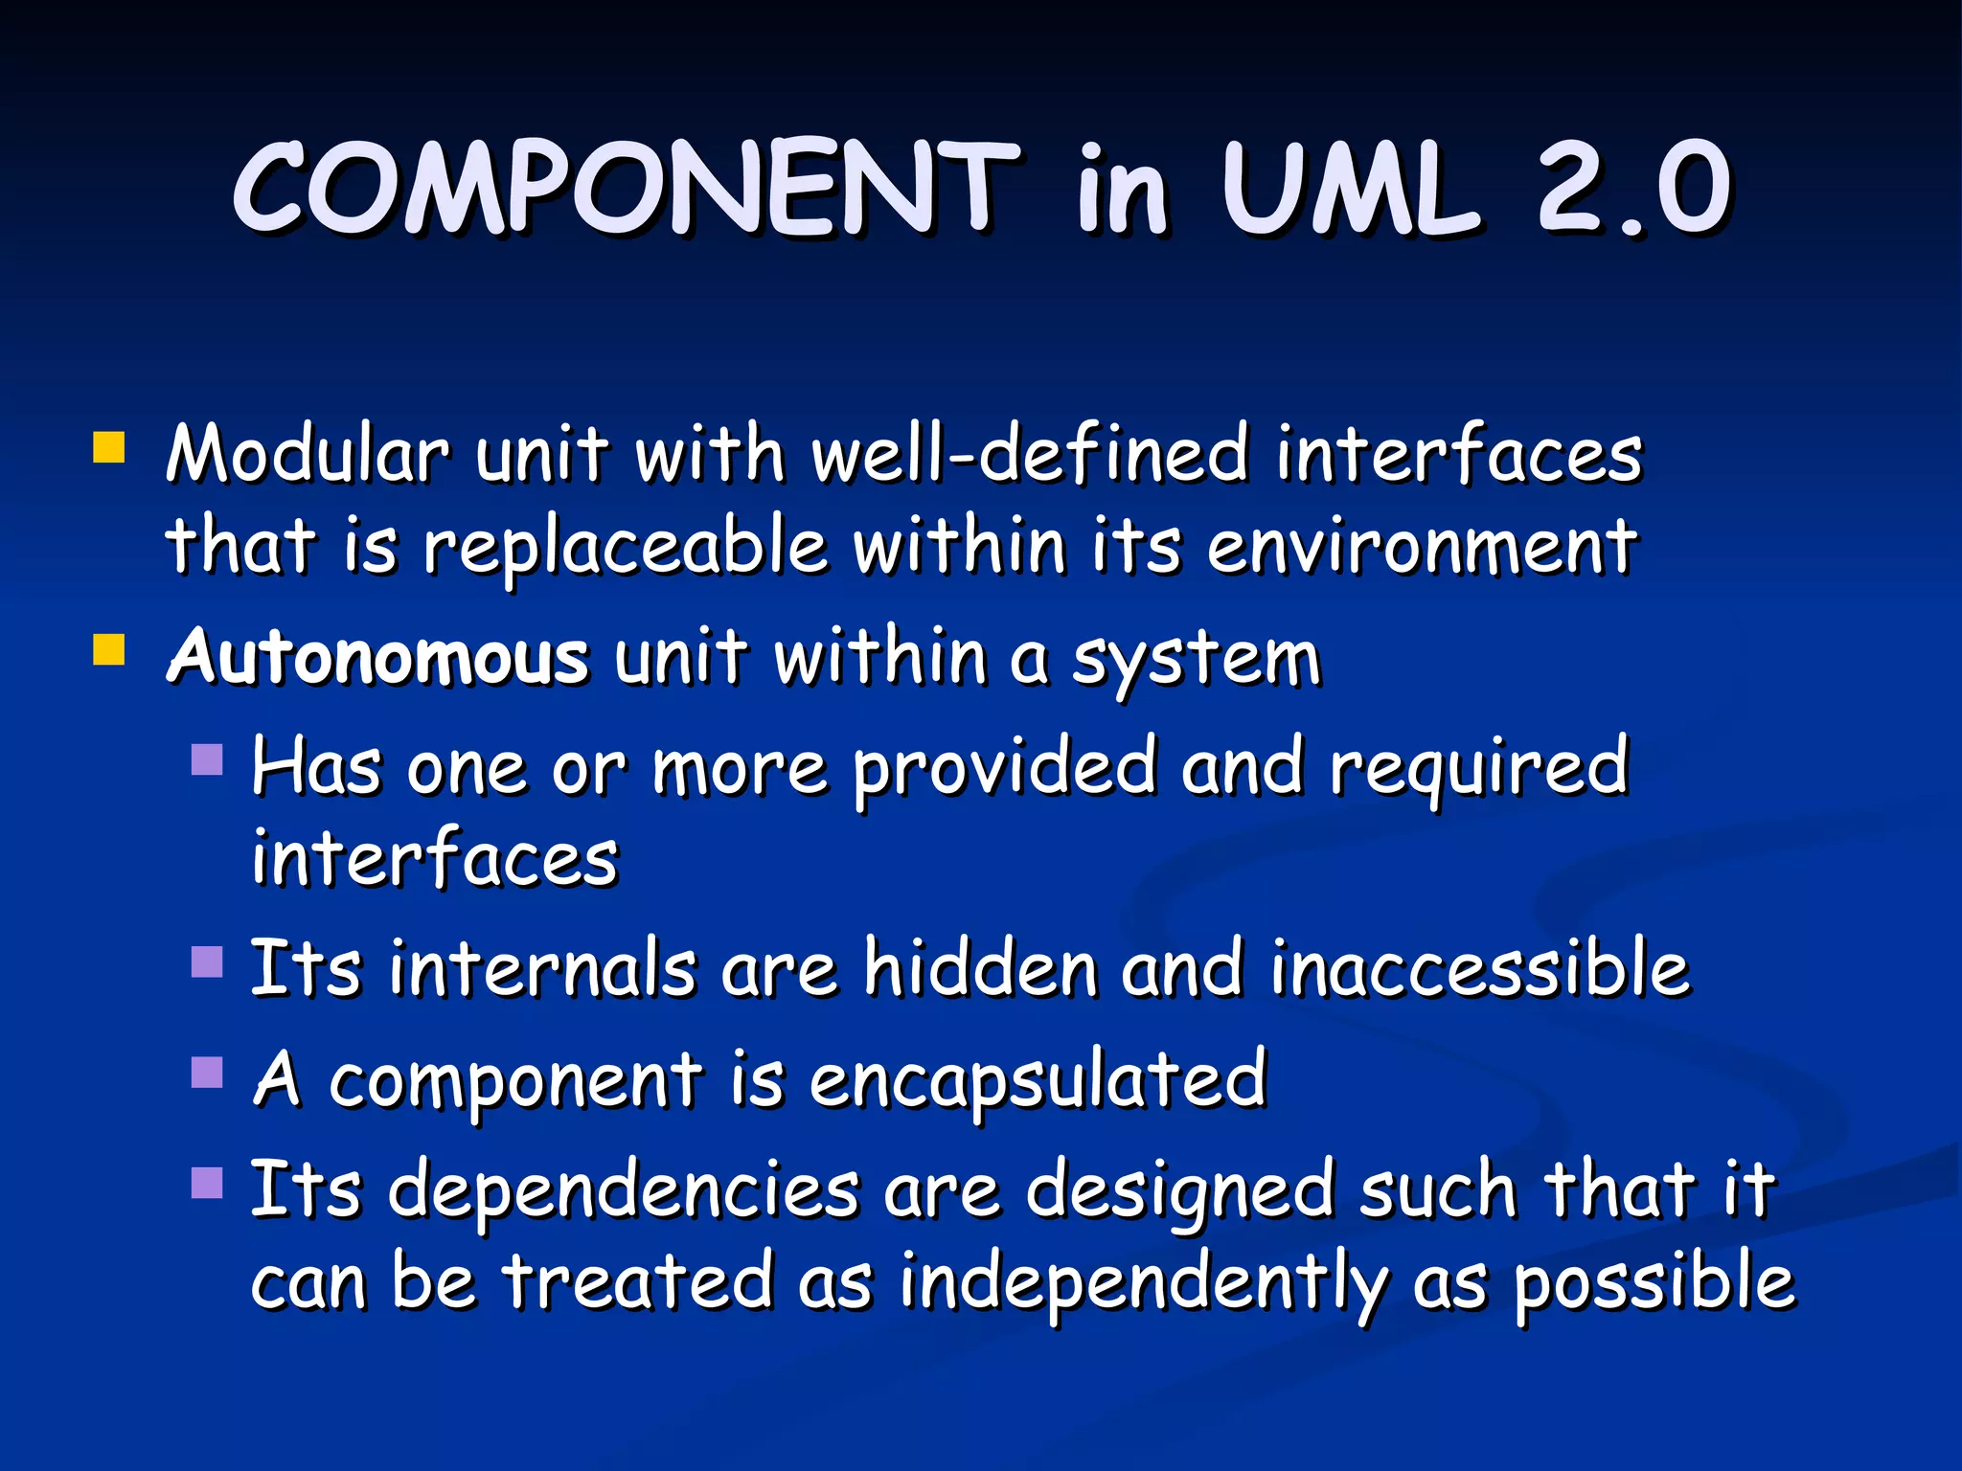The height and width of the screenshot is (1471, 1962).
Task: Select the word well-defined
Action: click(x=1031, y=453)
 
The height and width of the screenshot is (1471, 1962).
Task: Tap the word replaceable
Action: click(x=625, y=547)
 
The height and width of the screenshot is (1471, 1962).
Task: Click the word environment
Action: click(x=1422, y=547)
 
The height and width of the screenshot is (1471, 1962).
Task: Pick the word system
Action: click(x=1197, y=659)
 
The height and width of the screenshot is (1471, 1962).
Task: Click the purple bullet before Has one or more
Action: click(x=207, y=759)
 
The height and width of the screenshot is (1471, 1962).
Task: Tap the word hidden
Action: click(x=980, y=968)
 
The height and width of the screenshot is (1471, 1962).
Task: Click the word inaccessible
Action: click(x=1481, y=968)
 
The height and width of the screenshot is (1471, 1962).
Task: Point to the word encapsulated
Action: click(x=1038, y=1080)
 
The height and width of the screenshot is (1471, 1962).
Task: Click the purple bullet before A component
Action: click(x=207, y=1073)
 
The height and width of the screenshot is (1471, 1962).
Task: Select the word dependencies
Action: click(x=624, y=1190)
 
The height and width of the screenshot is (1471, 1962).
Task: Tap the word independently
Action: click(x=1144, y=1282)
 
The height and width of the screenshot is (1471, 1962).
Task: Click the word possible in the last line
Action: click(x=1654, y=1282)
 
